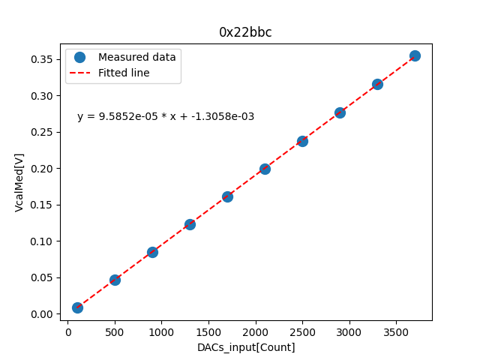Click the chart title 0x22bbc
click(245, 32)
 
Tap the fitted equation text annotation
click(166, 116)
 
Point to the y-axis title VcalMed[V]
click(19, 182)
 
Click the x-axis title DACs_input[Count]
click(246, 347)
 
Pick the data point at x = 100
click(77, 307)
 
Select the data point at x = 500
click(115, 280)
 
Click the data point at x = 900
click(152, 252)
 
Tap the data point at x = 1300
click(190, 224)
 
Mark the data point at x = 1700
click(227, 196)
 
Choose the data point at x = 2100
click(265, 169)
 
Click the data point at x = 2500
click(302, 141)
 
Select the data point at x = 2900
click(340, 112)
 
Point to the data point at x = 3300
click(377, 84)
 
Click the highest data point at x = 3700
click(415, 55)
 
